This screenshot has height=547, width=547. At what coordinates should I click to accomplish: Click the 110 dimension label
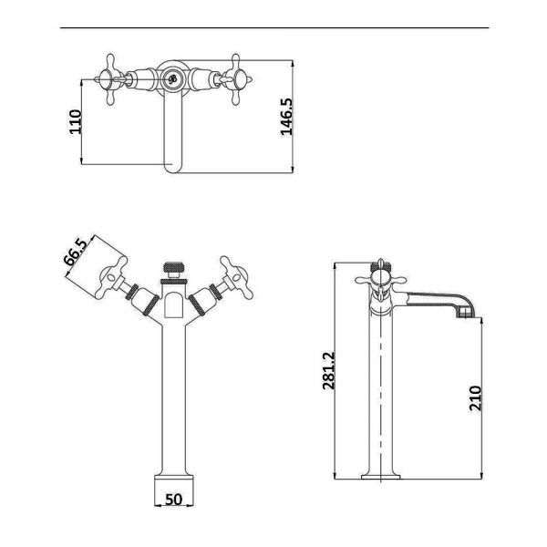click(x=76, y=122)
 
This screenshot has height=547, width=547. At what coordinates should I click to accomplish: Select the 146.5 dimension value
click(x=287, y=117)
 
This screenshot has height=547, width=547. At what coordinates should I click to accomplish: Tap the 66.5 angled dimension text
click(x=76, y=253)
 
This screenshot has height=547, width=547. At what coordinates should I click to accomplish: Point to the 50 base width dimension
click(x=173, y=500)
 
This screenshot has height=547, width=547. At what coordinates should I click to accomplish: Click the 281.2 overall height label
click(x=328, y=370)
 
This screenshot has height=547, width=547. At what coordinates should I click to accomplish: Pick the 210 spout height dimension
click(x=476, y=398)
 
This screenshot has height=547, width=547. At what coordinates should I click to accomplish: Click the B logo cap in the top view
click(x=172, y=79)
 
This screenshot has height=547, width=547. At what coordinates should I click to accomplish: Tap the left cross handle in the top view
click(x=109, y=79)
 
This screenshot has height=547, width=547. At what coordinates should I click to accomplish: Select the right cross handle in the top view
click(x=236, y=79)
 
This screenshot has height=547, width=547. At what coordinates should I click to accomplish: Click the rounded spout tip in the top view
click(x=172, y=168)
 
